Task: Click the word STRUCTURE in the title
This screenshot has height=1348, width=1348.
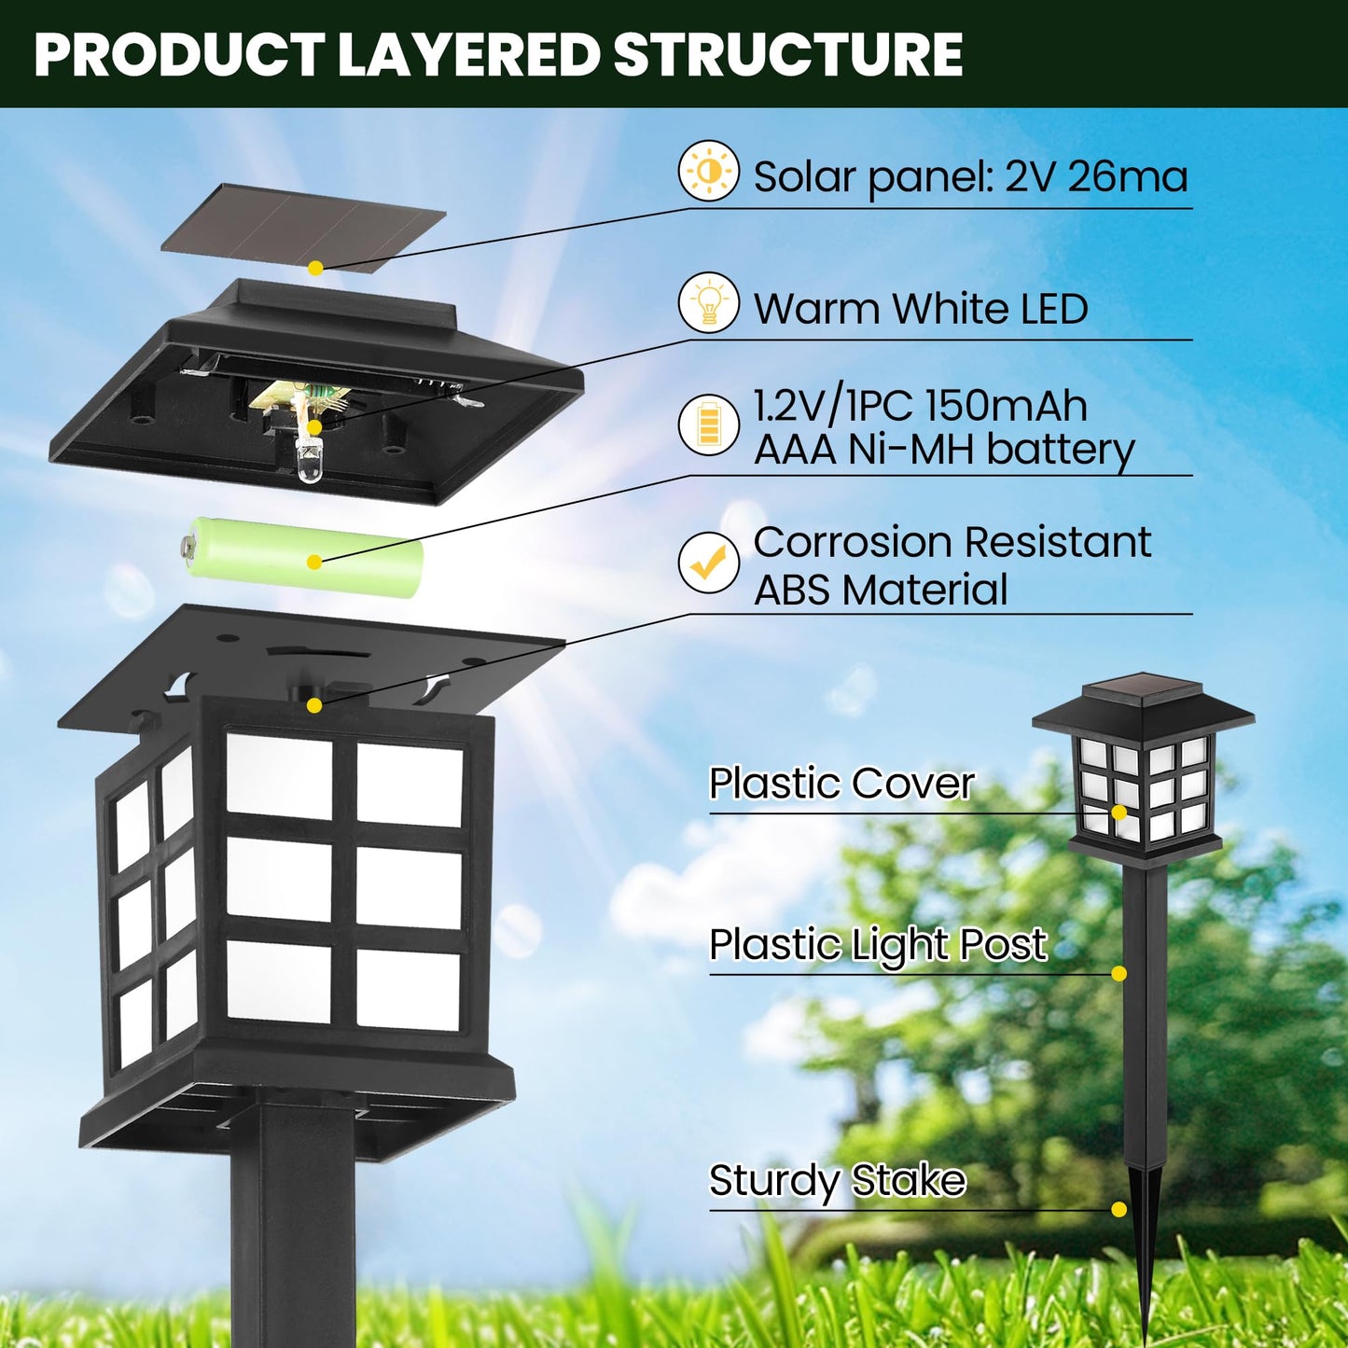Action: pyautogui.click(x=788, y=55)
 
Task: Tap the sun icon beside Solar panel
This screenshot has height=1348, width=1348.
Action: pyautogui.click(x=708, y=172)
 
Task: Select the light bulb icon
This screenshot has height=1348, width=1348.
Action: pyautogui.click(x=708, y=303)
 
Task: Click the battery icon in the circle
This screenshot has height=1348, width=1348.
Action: pyautogui.click(x=708, y=425)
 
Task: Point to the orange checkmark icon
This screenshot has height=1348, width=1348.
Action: pyautogui.click(x=708, y=563)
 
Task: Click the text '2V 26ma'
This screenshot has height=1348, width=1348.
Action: pyautogui.click(x=1095, y=176)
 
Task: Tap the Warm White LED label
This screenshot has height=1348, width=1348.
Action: pyautogui.click(x=920, y=309)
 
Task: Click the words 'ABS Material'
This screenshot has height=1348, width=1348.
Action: pyautogui.click(x=880, y=590)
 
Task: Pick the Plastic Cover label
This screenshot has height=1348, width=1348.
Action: pyautogui.click(x=841, y=783)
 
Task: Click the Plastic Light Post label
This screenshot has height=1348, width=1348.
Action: pyautogui.click(x=877, y=944)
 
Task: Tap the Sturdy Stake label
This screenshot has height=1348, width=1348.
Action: pyautogui.click(x=837, y=1180)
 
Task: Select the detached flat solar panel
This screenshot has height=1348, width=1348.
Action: pyautogui.click(x=303, y=229)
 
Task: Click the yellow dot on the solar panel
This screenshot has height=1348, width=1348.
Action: pyautogui.click(x=315, y=268)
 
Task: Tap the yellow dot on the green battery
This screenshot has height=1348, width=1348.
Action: pyautogui.click(x=314, y=563)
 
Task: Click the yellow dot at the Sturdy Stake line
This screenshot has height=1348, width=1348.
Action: pyautogui.click(x=1119, y=1210)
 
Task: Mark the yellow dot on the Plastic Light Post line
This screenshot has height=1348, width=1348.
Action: pyautogui.click(x=1119, y=974)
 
